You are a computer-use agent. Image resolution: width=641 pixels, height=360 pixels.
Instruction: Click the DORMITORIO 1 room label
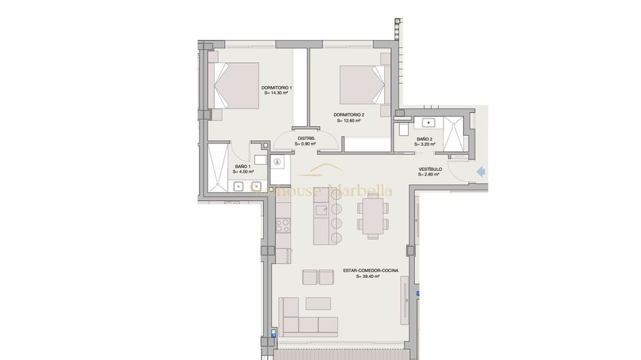277,88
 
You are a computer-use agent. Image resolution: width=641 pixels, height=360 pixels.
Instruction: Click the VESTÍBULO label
431,169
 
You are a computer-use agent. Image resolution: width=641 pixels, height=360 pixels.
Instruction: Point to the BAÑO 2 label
424,139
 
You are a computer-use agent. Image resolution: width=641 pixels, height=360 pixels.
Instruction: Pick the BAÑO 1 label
243,167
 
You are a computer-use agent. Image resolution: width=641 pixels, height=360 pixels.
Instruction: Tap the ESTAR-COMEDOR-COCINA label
367,271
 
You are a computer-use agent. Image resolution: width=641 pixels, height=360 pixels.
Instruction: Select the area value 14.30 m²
277,94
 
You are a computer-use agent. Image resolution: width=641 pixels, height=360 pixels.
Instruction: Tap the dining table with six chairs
373,215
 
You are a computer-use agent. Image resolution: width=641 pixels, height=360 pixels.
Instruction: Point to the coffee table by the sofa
318,303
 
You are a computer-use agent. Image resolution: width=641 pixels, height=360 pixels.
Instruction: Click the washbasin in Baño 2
431,123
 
